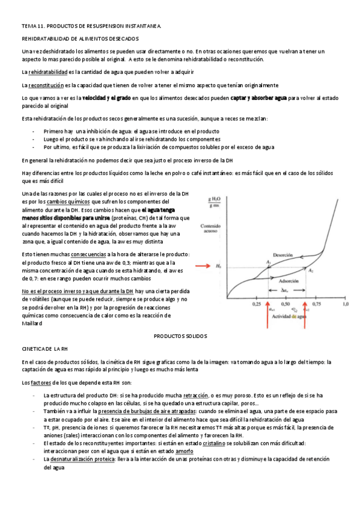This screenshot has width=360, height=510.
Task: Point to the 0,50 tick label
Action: [x=287, y=305]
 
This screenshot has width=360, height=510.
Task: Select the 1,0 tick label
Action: [x=345, y=305]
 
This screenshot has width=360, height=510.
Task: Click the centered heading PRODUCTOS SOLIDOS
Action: [x=180, y=336]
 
